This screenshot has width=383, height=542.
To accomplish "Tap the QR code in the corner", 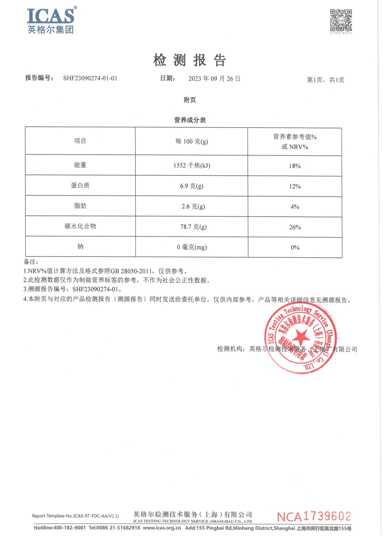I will pyautogui.click(x=341, y=21).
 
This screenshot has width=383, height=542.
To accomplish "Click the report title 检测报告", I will pyautogui.click(x=189, y=60).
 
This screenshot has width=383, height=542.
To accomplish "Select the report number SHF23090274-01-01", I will pyautogui.click(x=90, y=78).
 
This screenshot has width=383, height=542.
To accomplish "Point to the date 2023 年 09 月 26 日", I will pyautogui.click(x=214, y=79).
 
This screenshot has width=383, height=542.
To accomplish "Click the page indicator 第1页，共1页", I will pyautogui.click(x=325, y=80).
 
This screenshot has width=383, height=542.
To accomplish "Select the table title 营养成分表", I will pyautogui.click(x=190, y=120).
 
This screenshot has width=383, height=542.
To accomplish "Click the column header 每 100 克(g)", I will pyautogui.click(x=192, y=141).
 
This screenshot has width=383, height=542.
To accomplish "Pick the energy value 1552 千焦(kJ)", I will pyautogui.click(x=192, y=165).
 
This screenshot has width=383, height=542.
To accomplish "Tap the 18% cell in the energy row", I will pyautogui.click(x=295, y=166).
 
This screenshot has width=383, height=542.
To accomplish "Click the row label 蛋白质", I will pyautogui.click(x=80, y=185).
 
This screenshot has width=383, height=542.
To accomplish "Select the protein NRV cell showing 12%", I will pyautogui.click(x=295, y=186).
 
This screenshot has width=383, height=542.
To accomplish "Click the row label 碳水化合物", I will pyautogui.click(x=80, y=226).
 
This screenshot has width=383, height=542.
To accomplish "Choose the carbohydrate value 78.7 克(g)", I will pyautogui.click(x=193, y=227).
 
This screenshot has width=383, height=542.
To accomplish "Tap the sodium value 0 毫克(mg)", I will pyautogui.click(x=192, y=247).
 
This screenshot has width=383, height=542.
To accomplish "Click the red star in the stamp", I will pyautogui.click(x=300, y=338).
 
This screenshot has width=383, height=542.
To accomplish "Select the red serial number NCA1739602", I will pyautogui.click(x=314, y=517).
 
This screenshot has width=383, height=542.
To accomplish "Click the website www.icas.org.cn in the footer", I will pyautogui.click(x=162, y=528).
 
